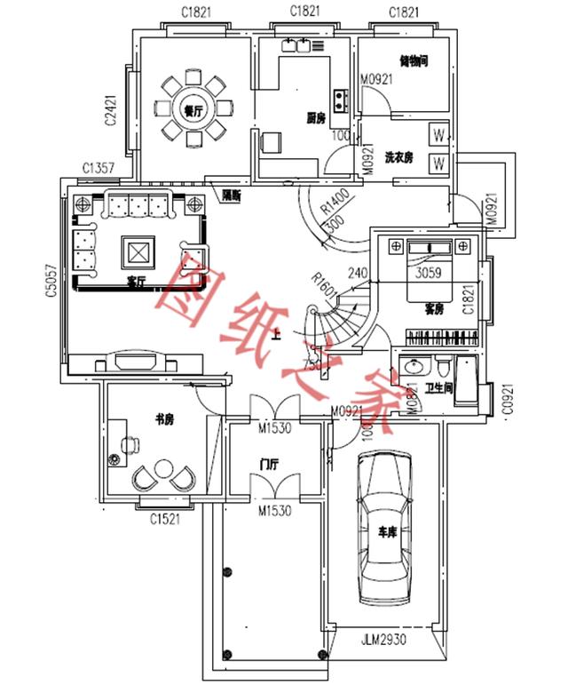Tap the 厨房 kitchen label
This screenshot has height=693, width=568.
point(315,116)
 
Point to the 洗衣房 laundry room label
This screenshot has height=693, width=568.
point(399,157)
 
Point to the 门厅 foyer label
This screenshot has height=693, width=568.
point(271,465)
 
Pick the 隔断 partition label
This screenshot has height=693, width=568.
point(233,194)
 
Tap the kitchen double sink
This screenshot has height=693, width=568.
point(297,44)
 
